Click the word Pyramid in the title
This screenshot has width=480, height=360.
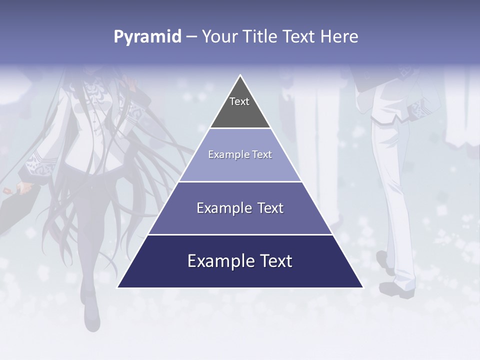tap(147, 37)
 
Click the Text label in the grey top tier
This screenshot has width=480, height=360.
tap(239, 101)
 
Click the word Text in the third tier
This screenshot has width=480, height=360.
tap(270, 208)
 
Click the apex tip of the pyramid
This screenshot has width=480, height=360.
tap(240, 75)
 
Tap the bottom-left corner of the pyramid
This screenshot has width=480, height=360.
tap(118, 287)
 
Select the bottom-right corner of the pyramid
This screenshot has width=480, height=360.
tap(362, 287)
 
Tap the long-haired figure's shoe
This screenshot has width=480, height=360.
tap(91, 315)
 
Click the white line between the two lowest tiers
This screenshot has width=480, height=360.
tap(240, 234)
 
